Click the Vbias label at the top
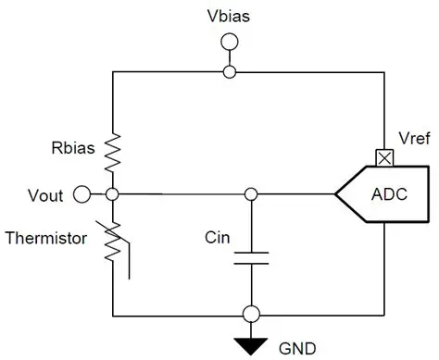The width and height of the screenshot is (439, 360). (x=228, y=16)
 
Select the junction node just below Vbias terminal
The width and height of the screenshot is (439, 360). (x=229, y=71)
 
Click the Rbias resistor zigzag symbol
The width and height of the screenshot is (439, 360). (x=111, y=151)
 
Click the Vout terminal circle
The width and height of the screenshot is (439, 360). (x=82, y=194)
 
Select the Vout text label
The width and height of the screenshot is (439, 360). (x=46, y=194)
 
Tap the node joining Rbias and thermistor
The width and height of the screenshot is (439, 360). (x=111, y=194)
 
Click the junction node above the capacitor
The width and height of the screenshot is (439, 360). (x=250, y=194)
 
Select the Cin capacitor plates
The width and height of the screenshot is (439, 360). (x=250, y=254)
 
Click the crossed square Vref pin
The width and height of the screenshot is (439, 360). (x=382, y=158)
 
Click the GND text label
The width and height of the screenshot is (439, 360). (x=297, y=349)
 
